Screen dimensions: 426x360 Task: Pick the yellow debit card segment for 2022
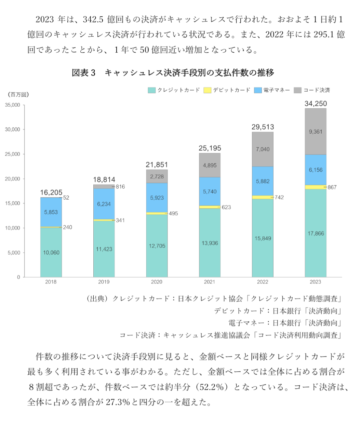pyautogui.click(x=263, y=197)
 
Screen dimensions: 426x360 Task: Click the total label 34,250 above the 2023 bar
pyautogui.click(x=316, y=104)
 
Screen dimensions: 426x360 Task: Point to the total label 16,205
pyautogui.click(x=51, y=193)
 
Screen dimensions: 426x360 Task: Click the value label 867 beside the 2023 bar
pyautogui.click(x=332, y=187)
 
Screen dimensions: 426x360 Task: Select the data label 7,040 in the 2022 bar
pyautogui.click(x=263, y=149)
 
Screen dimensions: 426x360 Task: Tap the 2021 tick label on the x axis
pyautogui.click(x=210, y=282)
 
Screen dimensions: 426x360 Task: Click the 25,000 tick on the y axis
pyautogui.click(x=13, y=154)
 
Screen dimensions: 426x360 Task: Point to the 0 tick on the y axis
pyautogui.click(x=19, y=277)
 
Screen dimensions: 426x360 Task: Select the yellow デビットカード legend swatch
pyautogui.click(x=207, y=90)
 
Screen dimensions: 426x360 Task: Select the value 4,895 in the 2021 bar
pyautogui.click(x=210, y=165)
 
